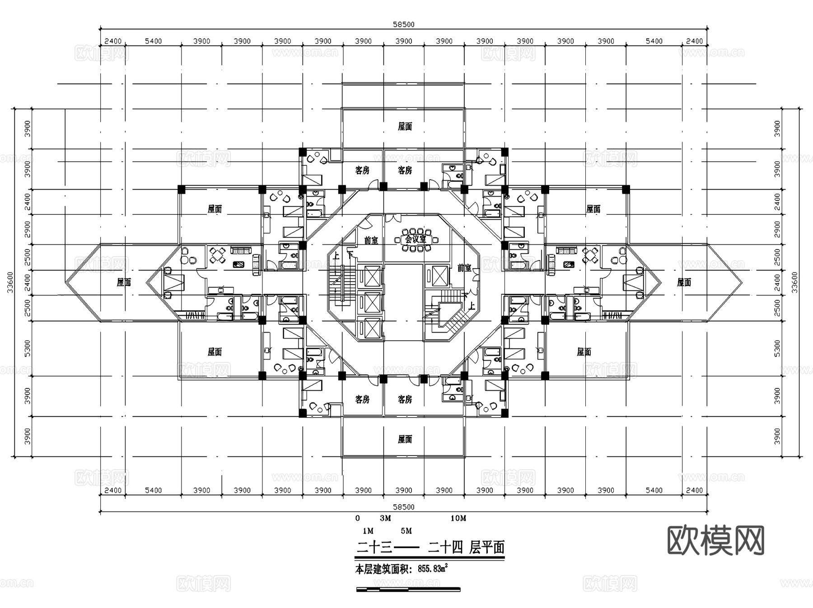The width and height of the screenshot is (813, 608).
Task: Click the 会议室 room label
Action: pos(415,239)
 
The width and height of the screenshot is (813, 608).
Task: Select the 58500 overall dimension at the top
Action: pos(403,24)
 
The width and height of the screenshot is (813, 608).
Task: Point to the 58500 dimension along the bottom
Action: pos(403,507)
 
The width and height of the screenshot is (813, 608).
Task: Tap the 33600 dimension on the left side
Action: pos(10,282)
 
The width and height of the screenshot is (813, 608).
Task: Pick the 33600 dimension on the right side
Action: pos(794,282)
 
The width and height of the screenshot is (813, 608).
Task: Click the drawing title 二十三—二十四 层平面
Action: pos(430,548)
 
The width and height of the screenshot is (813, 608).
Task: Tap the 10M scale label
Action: pos(458,518)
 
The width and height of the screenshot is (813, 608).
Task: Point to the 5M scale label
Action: pos(406,531)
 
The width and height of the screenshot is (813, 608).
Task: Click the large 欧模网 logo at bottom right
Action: pos(715,540)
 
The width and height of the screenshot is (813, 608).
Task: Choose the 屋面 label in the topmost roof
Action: pos(405,127)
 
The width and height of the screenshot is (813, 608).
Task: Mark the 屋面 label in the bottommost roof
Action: pos(405,439)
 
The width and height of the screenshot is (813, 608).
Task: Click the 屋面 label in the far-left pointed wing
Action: pos(124,283)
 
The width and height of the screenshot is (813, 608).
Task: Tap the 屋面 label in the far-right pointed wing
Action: pos(684,283)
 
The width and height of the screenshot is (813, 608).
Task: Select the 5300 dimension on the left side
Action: pos(28,348)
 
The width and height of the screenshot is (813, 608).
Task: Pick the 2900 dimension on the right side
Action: pos(777,229)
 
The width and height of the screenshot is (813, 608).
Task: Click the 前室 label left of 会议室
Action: pos(371,241)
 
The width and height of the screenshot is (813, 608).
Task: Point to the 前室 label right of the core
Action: pos(464,268)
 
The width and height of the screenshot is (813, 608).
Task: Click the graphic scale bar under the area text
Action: pos(408,589)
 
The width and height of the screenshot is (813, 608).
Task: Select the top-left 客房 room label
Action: pos(362,170)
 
